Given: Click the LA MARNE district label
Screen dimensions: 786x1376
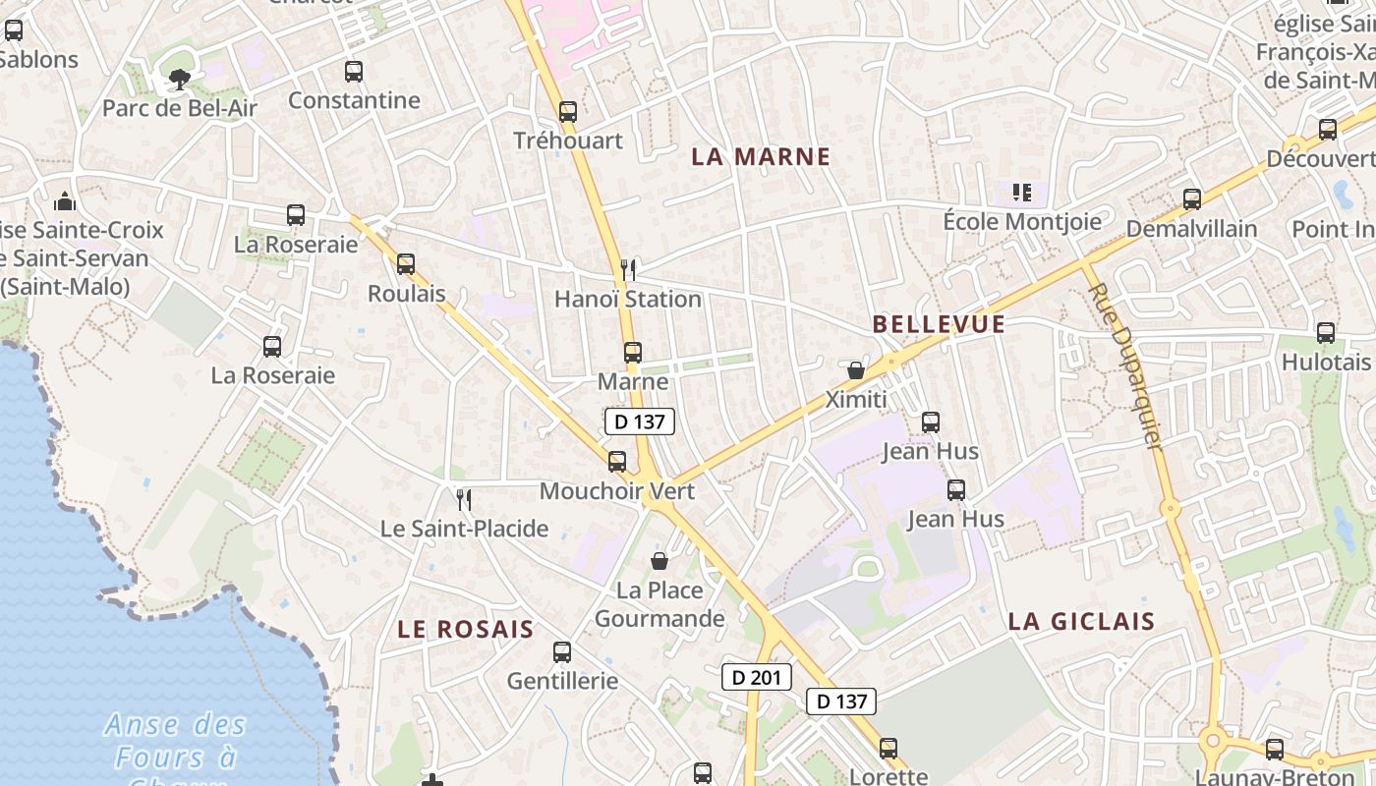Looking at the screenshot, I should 761,156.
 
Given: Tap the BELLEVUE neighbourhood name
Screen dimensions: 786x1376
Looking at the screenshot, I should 939,324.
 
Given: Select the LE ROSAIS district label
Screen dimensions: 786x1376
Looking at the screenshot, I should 465,629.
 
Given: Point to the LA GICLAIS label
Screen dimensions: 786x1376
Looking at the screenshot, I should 1081,621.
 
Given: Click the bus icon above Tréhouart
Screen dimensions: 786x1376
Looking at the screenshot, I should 568,111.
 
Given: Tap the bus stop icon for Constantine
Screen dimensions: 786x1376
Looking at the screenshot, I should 354,71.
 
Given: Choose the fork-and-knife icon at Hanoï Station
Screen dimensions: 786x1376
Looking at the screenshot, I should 628,268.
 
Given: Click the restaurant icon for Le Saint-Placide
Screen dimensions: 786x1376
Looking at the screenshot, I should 464,499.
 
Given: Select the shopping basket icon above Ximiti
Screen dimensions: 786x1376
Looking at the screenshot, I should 856,370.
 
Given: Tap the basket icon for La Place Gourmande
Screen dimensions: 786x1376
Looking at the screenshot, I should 659,561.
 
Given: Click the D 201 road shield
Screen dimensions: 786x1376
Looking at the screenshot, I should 756,676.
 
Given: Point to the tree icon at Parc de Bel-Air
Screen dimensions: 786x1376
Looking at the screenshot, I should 179,79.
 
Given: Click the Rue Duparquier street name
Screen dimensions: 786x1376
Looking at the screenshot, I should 1125,365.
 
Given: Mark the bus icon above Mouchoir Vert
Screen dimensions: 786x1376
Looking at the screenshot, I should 617,461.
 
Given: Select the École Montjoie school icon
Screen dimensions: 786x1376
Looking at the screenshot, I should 1022,192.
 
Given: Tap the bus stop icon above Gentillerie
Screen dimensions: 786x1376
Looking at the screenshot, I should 562,651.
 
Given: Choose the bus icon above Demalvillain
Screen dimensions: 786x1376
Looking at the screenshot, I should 1192,198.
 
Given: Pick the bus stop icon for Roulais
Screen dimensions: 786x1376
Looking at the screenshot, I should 406,263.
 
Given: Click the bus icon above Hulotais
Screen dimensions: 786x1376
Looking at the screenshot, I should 1326,332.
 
